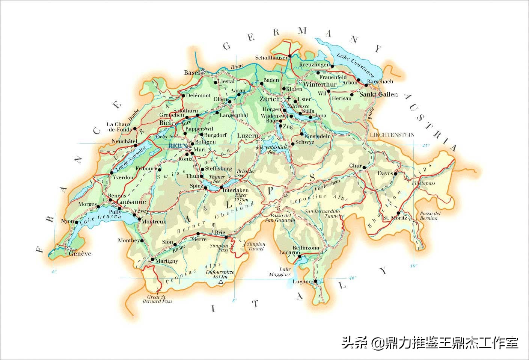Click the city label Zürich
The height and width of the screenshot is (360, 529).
(269, 99)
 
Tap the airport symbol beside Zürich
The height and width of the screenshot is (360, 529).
(288, 98)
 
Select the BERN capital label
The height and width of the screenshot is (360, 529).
(177, 146)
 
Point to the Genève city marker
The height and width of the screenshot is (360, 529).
(69, 249)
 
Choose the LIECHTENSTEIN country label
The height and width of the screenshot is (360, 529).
(392, 135)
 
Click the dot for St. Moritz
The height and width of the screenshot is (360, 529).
(398, 213)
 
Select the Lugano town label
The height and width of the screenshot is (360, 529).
(302, 281)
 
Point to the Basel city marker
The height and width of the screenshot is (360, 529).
(203, 71)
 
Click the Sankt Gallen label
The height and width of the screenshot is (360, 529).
(378, 94)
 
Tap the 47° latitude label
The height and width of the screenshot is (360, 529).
(425, 145)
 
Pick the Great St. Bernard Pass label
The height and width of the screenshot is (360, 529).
(157, 299)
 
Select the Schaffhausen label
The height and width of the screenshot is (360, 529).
(272, 57)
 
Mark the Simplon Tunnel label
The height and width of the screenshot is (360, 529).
(256, 246)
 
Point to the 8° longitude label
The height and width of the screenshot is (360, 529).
(235, 300)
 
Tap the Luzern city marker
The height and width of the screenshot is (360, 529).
(260, 140)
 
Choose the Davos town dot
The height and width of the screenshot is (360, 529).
(395, 174)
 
